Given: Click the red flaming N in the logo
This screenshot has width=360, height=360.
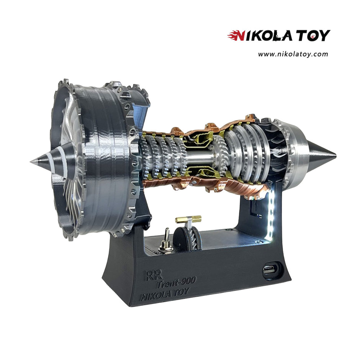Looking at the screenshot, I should pos(236,36).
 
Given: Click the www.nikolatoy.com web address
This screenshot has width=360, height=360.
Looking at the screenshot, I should pos(293,54).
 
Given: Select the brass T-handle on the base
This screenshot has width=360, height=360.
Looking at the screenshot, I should pos(188,219).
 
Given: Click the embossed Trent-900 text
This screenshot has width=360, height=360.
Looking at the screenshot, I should pos(176,283).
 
